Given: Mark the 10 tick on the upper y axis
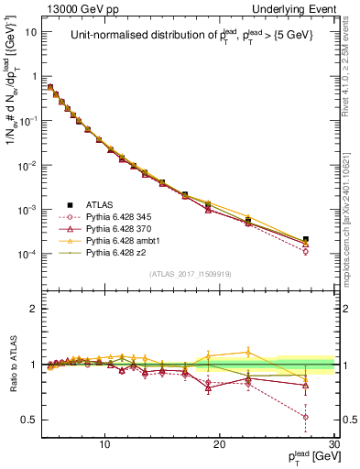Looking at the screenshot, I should coord(31,30).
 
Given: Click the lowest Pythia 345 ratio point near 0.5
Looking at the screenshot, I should coord(306,417).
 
